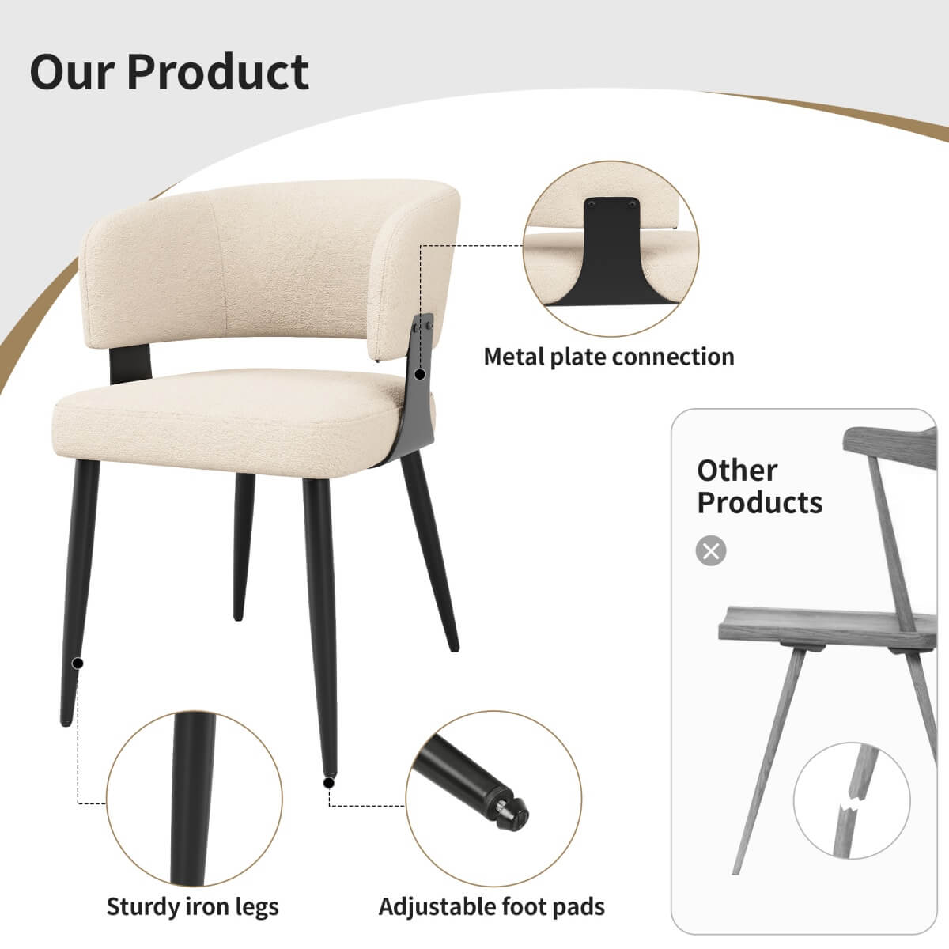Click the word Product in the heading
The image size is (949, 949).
coord(217,72)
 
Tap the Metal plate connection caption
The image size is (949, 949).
coord(609,357)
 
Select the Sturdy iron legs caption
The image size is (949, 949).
coord(192,906)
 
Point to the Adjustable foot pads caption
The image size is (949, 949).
coord(492,906)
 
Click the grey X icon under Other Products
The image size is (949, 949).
coord(711,550)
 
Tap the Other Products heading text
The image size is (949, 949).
coord(759,486)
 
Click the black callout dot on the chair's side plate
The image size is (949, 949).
coord(420,373)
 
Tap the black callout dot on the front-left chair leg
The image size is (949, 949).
coord(78,663)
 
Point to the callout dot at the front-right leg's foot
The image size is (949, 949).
coord(328,782)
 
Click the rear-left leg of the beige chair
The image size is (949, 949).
coord(244,546)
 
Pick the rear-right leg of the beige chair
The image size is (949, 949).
coord(431,554)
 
